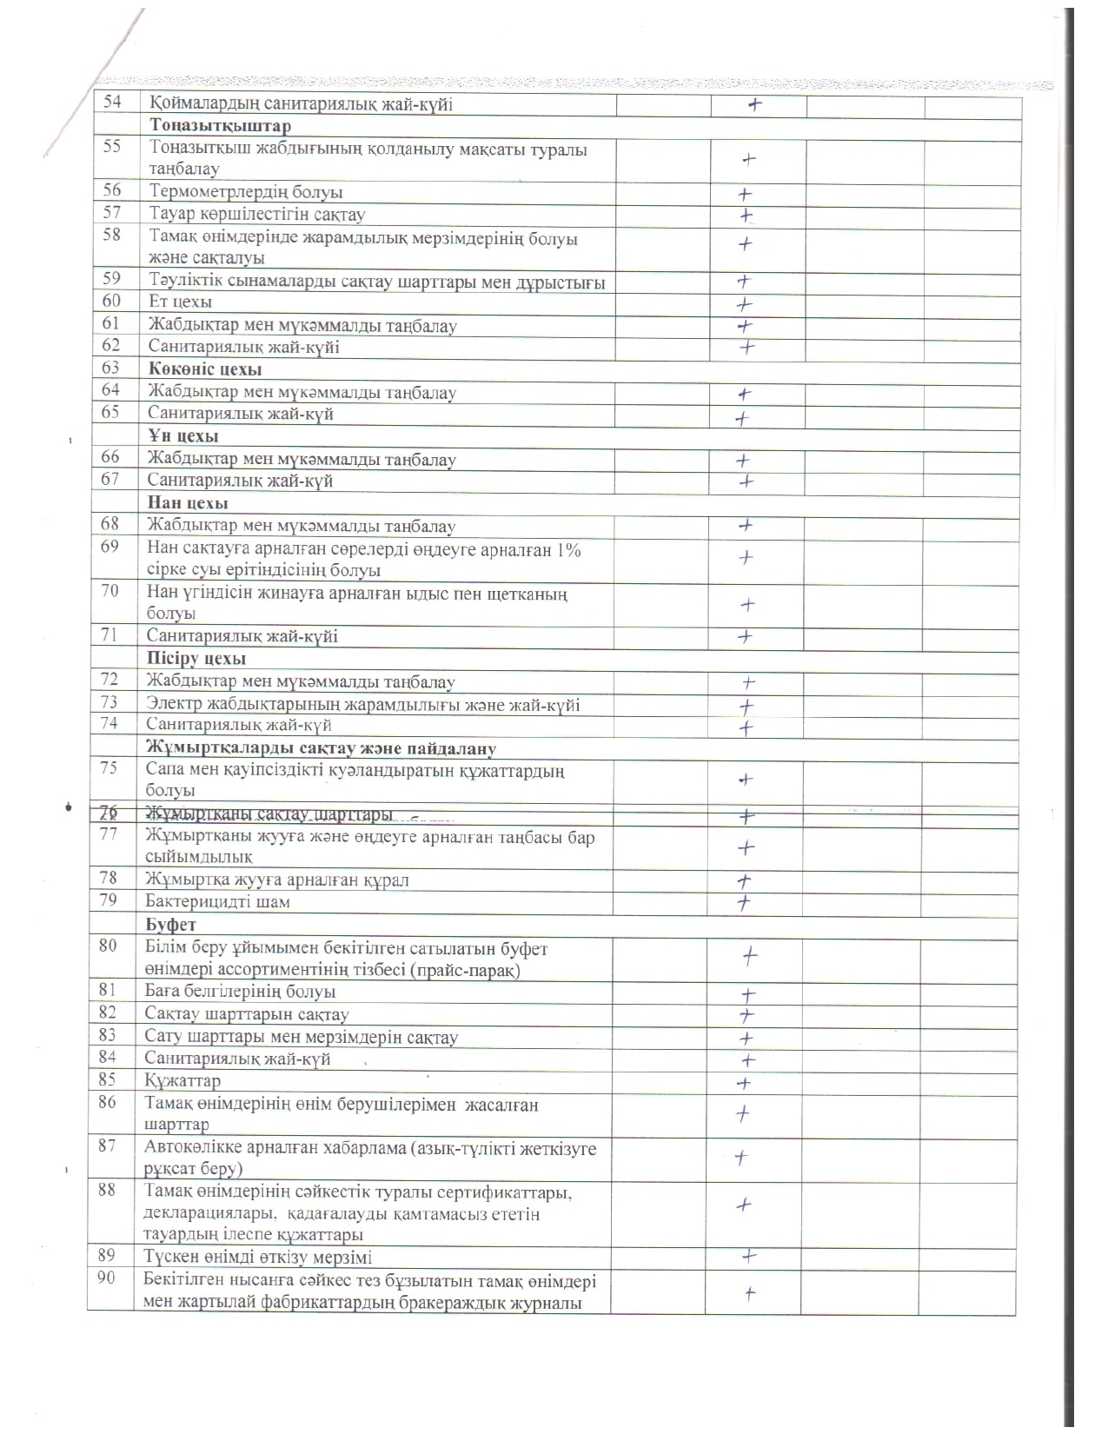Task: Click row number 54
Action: point(113,103)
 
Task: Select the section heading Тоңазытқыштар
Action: point(220,126)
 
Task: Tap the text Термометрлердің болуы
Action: point(246,192)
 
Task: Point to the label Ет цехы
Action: point(181,302)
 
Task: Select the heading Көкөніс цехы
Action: point(205,369)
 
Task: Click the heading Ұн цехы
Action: point(182,436)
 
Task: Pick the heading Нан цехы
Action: point(188,503)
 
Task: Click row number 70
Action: point(109,592)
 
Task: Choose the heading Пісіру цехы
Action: point(196,659)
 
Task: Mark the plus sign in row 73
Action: point(745,707)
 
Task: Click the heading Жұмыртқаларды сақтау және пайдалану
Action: point(321,748)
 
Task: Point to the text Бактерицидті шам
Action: point(218,902)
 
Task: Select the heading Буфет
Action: point(171,925)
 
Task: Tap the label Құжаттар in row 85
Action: point(183,1081)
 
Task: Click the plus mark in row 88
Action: point(744,1205)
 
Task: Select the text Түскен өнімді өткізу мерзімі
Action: point(259,1257)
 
